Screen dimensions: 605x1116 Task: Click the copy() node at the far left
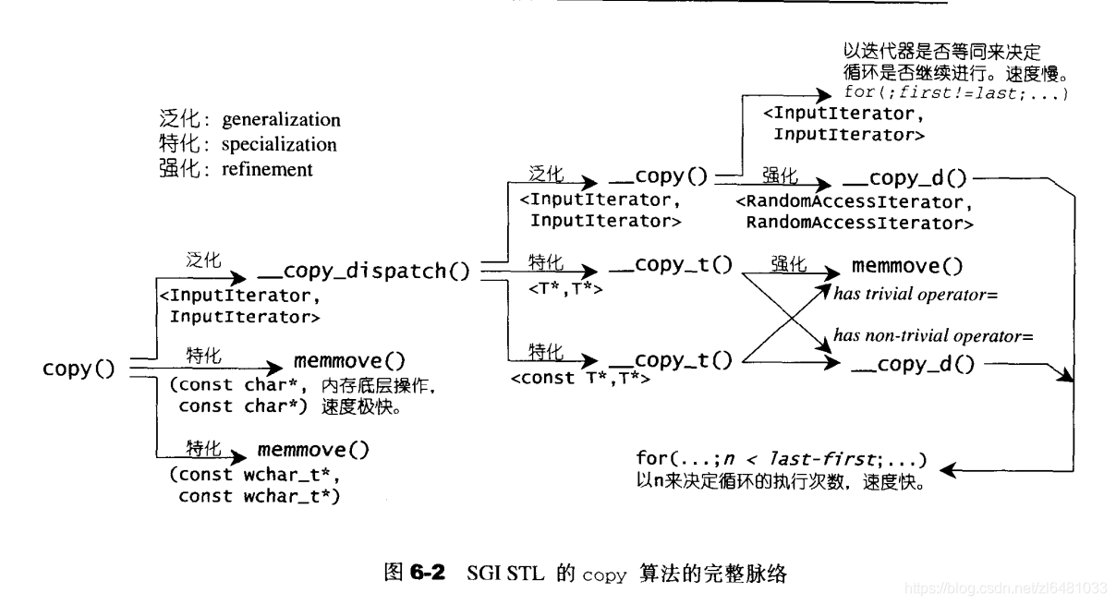pyautogui.click(x=79, y=369)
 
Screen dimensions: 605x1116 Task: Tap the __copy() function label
pyautogui.click(x=658, y=176)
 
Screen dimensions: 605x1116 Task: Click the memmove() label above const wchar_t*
pyautogui.click(x=313, y=451)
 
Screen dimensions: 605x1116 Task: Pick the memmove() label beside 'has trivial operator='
pyautogui.click(x=906, y=267)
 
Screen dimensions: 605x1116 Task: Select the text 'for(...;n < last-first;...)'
pyautogui.click(x=781, y=459)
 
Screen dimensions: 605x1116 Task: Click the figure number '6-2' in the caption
pyautogui.click(x=427, y=574)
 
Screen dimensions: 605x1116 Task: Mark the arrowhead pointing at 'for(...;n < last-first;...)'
pyautogui.click(x=947, y=470)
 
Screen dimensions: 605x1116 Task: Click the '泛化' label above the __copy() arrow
pyautogui.click(x=546, y=174)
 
